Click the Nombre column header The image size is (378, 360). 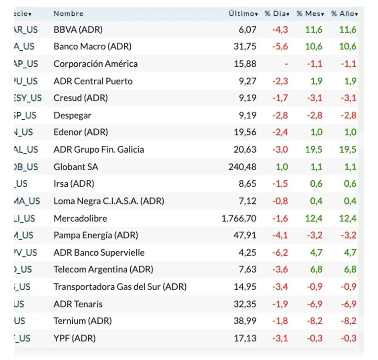(68, 14)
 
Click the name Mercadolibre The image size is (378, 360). (80, 219)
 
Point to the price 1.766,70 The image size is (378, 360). (239, 219)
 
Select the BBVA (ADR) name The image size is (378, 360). (78, 30)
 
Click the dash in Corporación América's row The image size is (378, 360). (286, 64)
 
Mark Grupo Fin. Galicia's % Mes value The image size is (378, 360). (314, 150)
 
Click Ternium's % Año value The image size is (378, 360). (348, 321)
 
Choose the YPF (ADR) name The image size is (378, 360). (74, 338)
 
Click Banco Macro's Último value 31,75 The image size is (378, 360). (245, 47)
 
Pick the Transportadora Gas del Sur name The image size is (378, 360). (120, 287)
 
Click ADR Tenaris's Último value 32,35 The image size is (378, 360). (245, 304)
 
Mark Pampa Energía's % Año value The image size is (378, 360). (348, 235)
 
